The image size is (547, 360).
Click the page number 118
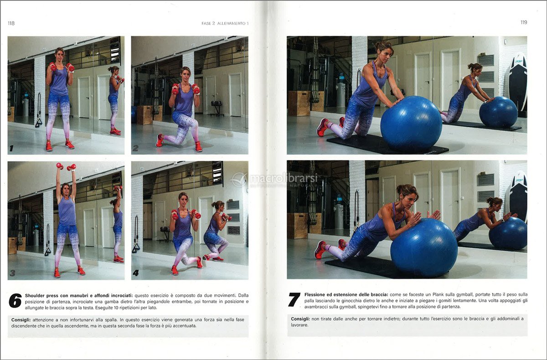point(11,23)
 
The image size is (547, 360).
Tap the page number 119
point(524,22)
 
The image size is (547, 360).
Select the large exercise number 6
point(15,300)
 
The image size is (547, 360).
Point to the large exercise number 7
point(294,299)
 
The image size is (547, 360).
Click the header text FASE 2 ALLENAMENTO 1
point(225,23)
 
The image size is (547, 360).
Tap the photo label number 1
point(11,148)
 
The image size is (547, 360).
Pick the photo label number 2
point(135,148)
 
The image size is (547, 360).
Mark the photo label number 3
point(12,273)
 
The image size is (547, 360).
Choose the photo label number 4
point(136,273)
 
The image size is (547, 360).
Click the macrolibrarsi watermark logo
point(275,180)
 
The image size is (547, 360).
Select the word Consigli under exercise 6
point(21,320)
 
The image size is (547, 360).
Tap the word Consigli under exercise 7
point(300,319)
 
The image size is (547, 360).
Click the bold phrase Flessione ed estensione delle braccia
point(346,294)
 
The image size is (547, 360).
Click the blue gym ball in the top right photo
point(411,123)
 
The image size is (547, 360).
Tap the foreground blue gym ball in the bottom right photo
point(424,247)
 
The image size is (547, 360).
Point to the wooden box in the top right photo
point(299,103)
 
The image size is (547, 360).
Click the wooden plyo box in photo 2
point(145,115)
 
